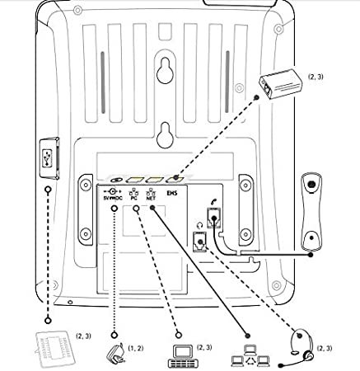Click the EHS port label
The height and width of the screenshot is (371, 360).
coord(172,193)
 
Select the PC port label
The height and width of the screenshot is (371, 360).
coord(133,198)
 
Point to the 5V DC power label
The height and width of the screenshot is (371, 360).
coord(113,198)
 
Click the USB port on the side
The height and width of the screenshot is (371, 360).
coord(48,158)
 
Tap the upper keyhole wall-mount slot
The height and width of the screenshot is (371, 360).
coord(166,70)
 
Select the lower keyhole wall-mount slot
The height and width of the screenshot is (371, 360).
coord(166,136)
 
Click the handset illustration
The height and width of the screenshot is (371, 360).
coord(311,212)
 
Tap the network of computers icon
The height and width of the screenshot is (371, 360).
coord(250,355)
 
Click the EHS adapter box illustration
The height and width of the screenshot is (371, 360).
coord(281,83)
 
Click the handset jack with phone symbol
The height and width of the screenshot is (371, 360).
coord(213,218)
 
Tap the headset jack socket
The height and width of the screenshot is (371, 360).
coord(200,242)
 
